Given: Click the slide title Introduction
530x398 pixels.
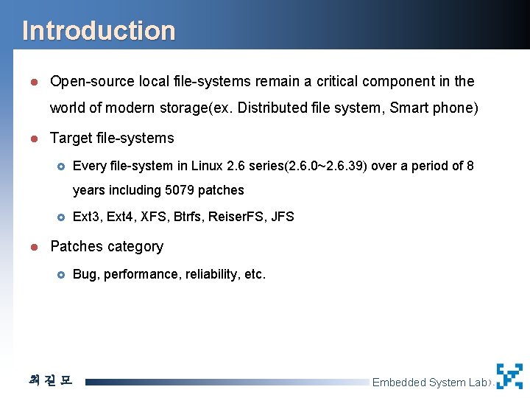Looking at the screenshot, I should pyautogui.click(x=99, y=31).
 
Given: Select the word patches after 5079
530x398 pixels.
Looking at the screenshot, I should pyautogui.click(x=220, y=190).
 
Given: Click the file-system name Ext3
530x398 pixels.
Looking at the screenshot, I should pyautogui.click(x=86, y=217).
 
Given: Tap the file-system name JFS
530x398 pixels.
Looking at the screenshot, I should pyautogui.click(x=282, y=217).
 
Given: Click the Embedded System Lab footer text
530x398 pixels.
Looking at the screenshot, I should pyautogui.click(x=429, y=383).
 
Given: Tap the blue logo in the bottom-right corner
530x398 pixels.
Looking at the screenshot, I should pyautogui.click(x=509, y=376).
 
